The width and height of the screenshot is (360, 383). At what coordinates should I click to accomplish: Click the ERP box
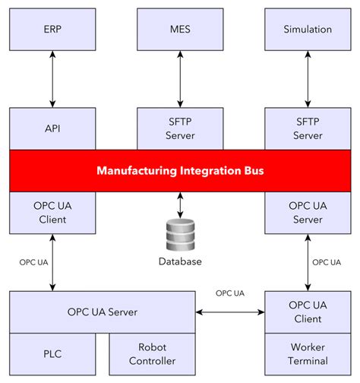point(52,30)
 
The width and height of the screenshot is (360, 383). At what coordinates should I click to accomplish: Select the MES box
point(180,30)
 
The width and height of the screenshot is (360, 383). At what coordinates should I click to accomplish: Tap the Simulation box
point(308,30)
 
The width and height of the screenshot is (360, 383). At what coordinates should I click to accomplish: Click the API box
point(52,128)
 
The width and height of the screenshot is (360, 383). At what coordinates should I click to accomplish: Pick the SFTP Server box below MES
point(180,128)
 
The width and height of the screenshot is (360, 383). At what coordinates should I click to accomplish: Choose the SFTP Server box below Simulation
point(308,128)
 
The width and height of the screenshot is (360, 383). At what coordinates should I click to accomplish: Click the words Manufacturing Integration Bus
point(180,171)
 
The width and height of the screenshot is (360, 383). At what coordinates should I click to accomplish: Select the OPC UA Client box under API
point(52,212)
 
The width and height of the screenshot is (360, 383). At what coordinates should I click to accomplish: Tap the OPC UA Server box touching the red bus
point(308,212)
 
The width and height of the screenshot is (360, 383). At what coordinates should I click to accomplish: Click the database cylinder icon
point(180,236)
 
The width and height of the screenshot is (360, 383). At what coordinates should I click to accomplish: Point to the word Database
point(180,262)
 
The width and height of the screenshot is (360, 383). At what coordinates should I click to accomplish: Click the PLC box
point(52,354)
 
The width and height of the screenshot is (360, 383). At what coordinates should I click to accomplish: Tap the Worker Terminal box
point(308,354)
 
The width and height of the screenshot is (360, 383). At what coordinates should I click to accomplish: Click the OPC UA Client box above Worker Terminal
point(308,312)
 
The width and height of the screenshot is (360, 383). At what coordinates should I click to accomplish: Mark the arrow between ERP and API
point(52,80)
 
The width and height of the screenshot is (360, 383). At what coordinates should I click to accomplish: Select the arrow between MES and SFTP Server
point(180,80)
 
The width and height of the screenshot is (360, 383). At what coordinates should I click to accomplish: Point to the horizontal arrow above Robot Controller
point(230,312)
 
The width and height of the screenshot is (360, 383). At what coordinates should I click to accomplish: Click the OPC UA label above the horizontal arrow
point(230,293)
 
